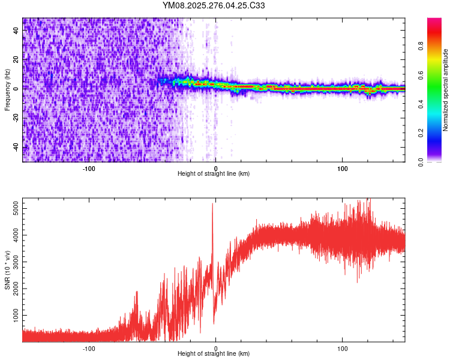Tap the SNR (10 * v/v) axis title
tap(7, 269)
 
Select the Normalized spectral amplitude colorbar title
tap(446, 90)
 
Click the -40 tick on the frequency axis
tap(17, 147)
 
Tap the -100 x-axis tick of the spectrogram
tap(89, 168)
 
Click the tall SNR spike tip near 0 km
tap(212, 204)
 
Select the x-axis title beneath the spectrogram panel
tap(214, 174)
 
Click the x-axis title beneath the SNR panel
tap(214, 354)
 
